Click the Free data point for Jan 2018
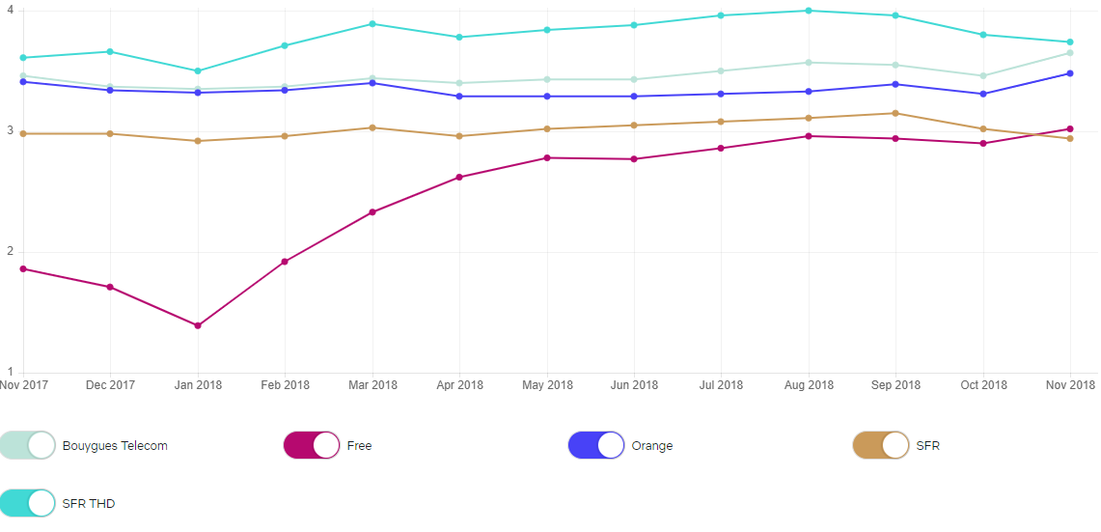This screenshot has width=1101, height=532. (198, 325)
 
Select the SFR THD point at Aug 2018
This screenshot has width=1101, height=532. (809, 11)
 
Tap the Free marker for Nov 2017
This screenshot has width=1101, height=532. (23, 268)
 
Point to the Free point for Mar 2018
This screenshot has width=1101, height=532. (372, 212)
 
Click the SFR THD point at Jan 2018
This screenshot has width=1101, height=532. (198, 70)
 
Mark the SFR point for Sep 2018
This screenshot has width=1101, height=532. (895, 113)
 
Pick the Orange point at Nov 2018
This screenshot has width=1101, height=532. (1070, 73)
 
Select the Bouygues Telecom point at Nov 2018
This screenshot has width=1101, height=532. (1070, 52)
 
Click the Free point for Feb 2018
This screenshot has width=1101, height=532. (285, 262)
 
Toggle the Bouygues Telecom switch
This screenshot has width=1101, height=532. (28, 445)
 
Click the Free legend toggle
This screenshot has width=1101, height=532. (312, 445)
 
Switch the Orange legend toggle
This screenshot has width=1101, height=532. (596, 445)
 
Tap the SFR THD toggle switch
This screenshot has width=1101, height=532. (28, 503)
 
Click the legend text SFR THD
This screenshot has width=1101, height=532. (89, 503)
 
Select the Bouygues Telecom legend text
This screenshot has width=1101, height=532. (115, 446)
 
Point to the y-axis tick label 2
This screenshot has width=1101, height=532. (10, 251)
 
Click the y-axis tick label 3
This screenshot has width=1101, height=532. (10, 130)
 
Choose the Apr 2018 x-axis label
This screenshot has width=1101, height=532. (458, 385)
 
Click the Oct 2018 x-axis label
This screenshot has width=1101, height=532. (982, 385)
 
